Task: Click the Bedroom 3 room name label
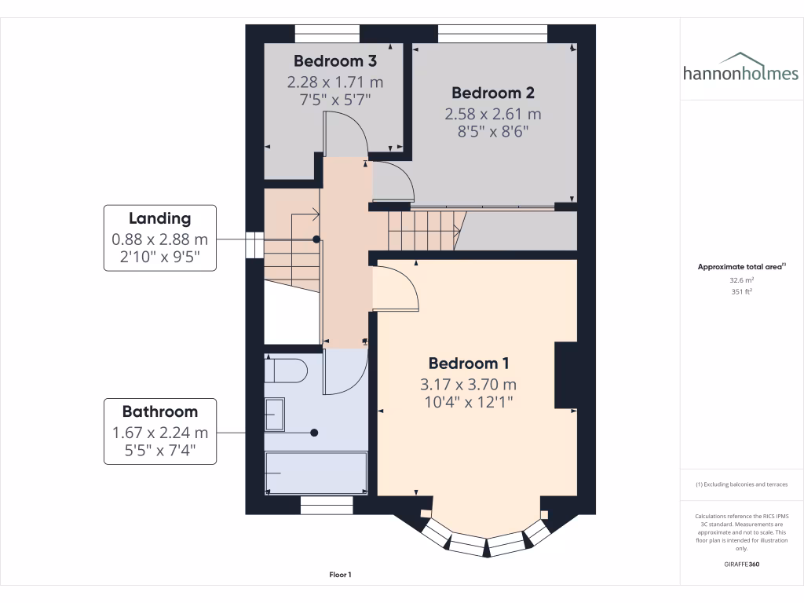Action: tap(335, 61)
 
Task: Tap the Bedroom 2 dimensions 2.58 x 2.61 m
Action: tap(493, 114)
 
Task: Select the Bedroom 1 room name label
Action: tap(469, 364)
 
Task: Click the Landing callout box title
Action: tap(160, 218)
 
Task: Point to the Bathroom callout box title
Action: tap(160, 411)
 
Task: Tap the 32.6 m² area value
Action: tap(741, 280)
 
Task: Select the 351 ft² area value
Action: tap(741, 291)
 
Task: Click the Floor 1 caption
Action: tap(340, 576)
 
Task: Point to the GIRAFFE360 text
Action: tap(741, 565)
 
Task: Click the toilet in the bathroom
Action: tap(285, 369)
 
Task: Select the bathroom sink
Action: tap(275, 414)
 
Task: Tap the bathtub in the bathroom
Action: tap(316, 473)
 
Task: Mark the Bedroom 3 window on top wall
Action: tap(327, 32)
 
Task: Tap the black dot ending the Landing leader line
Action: tap(316, 239)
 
